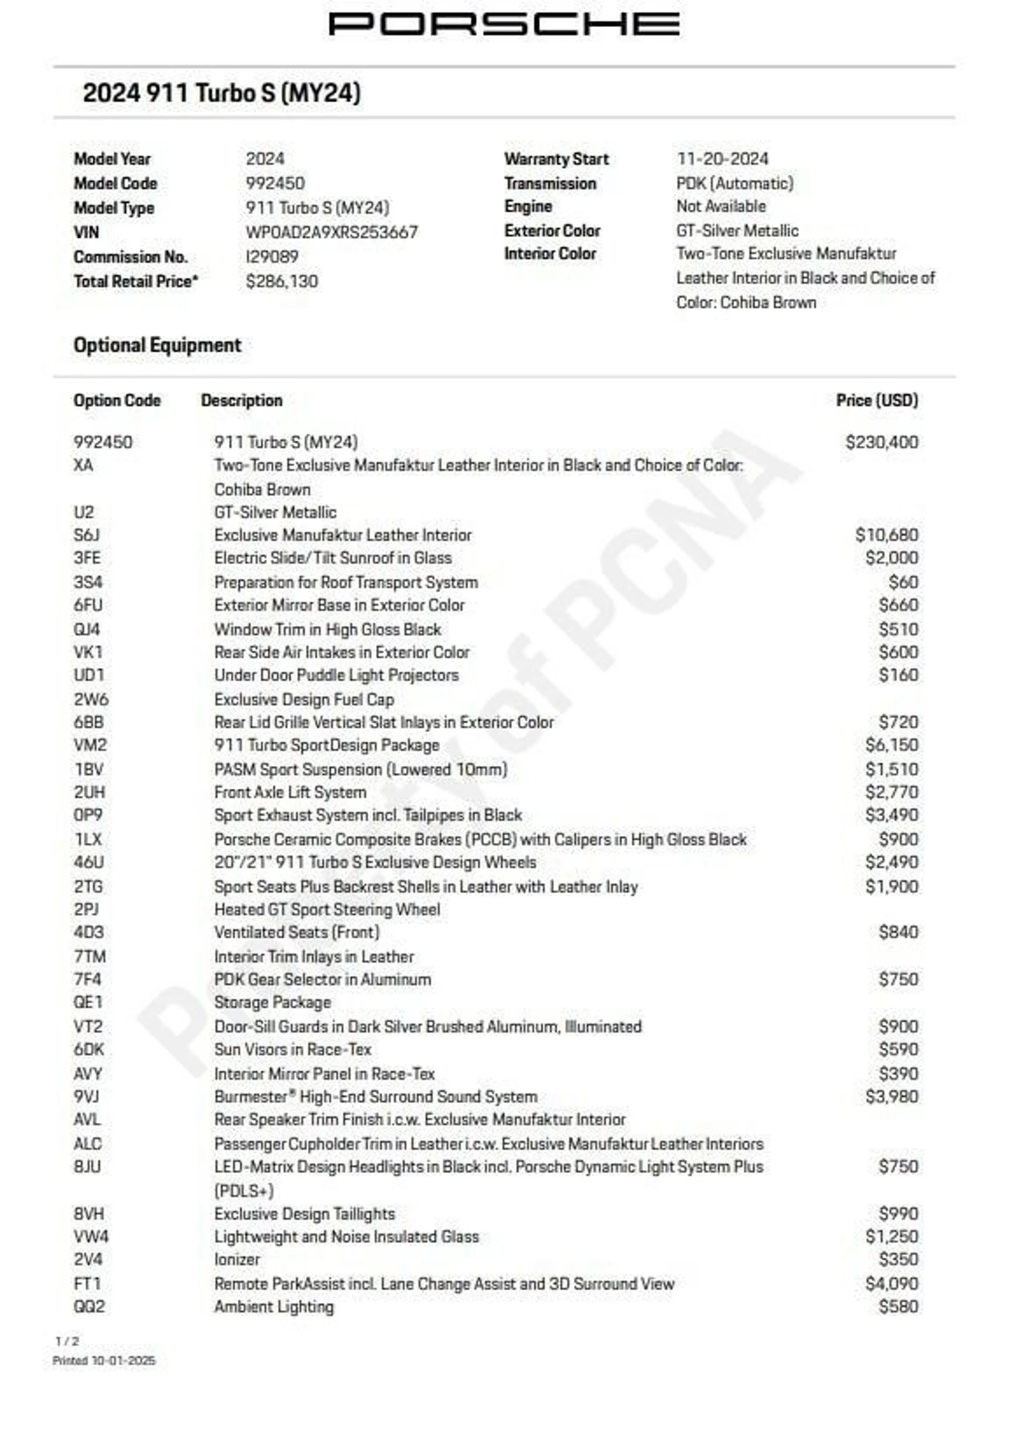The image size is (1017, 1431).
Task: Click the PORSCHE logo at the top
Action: coord(504,24)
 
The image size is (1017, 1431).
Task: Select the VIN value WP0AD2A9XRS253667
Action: coord(331,232)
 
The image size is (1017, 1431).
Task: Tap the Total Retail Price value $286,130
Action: coord(282,281)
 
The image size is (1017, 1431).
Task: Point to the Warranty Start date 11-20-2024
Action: coord(722,158)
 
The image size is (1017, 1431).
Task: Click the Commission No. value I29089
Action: coord(272,257)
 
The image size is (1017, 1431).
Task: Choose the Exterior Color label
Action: coord(552,230)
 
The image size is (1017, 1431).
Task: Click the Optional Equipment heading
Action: coord(157,345)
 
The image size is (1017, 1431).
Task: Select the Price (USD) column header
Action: coord(877,400)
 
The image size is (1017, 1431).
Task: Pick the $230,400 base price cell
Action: coord(881,442)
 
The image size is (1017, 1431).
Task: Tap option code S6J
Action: coord(86,535)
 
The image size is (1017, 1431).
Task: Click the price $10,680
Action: coord(886,535)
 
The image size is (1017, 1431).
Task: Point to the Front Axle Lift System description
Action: coord(290,792)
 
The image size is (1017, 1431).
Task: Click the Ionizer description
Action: coord(237,1259)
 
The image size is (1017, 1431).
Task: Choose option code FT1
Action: coord(87,1283)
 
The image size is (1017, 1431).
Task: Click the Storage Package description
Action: coord(272,1002)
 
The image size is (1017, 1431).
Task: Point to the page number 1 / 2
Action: coord(67,1341)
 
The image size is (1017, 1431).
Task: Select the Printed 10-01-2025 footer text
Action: coord(103,1360)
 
